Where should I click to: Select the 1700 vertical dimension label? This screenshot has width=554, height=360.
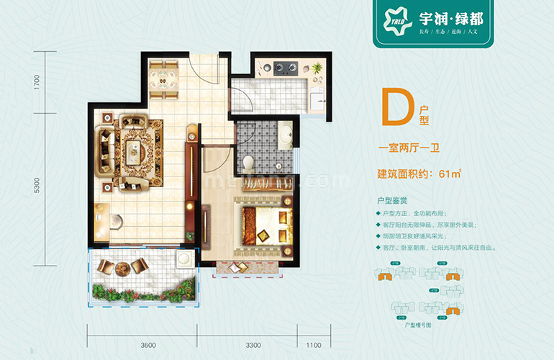pyautogui.click(x=36, y=82)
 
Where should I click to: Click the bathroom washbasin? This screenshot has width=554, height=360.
pyautogui.click(x=285, y=134)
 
